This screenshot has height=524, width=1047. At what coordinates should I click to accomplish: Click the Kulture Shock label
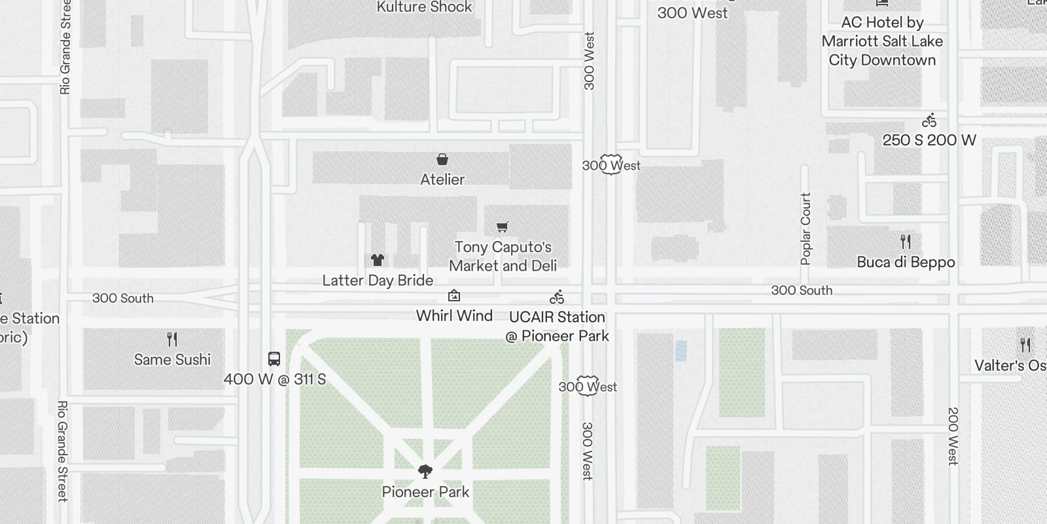(x=424, y=7)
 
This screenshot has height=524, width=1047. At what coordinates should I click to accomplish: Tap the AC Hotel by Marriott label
(x=882, y=41)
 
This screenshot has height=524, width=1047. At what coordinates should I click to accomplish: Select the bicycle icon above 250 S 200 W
(x=929, y=121)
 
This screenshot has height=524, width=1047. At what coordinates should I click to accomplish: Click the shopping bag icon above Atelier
(x=442, y=159)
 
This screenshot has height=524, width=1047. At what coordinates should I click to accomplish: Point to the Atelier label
(x=442, y=179)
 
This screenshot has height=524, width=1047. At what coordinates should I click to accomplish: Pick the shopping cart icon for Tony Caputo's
(x=502, y=227)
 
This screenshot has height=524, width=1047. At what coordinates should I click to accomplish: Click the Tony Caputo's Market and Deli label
(x=503, y=256)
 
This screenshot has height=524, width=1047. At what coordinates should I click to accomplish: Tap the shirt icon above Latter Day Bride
(x=377, y=260)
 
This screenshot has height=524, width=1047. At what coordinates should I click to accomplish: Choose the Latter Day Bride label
(x=378, y=280)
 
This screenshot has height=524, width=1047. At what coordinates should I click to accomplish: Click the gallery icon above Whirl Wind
(x=453, y=296)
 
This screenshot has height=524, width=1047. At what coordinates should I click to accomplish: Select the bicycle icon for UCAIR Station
(x=557, y=297)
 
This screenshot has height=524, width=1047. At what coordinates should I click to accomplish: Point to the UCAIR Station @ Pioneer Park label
(x=557, y=326)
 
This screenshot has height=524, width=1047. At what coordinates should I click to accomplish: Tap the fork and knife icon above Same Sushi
(x=172, y=339)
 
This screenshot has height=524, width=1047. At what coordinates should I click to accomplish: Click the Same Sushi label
(x=172, y=360)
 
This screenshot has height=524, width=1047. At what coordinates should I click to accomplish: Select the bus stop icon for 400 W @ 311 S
(x=274, y=359)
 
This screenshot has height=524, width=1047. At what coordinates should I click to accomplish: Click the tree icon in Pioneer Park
(x=425, y=472)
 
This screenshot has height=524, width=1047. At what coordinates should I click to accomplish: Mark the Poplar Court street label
(x=806, y=229)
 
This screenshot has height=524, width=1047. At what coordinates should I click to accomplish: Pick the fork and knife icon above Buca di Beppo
(x=906, y=242)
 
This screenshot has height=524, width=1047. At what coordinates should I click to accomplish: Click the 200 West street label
(x=953, y=436)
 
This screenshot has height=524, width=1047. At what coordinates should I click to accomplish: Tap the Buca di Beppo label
(x=906, y=263)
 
